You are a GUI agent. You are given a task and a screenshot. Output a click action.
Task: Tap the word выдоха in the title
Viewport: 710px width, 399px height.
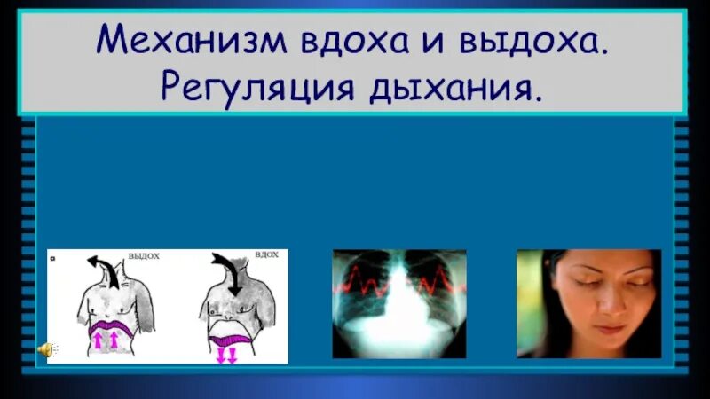coord(535,41)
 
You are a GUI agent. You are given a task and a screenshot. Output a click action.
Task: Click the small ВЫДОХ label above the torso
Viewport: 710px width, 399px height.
coord(144,256)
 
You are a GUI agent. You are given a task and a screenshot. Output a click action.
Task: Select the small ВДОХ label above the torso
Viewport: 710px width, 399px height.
coord(266,254)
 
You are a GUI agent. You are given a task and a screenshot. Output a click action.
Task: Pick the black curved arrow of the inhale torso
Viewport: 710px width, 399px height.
coord(228,275)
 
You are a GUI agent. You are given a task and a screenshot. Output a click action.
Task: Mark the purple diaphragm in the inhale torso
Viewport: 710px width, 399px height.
coord(233,338)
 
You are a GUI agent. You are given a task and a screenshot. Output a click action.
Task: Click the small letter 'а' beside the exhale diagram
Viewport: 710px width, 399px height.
coord(55,258)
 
